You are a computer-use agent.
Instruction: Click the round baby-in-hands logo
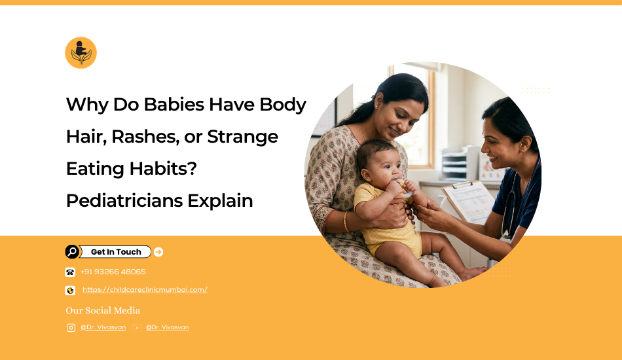point(81,53)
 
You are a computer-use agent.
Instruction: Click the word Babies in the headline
point(174,105)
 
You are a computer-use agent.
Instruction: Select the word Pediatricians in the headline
point(124,200)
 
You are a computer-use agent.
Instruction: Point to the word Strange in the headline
point(242,137)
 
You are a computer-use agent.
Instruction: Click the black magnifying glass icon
point(72,252)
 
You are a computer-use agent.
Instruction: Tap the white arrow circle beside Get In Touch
point(158,252)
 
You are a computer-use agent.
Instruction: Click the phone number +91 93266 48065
point(113,272)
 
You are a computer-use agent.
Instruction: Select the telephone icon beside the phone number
point(70,272)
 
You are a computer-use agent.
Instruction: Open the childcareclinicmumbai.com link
point(145,290)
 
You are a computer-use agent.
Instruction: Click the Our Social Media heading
point(103,310)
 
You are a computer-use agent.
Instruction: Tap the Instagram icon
point(71,327)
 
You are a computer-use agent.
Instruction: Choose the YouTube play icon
point(137,327)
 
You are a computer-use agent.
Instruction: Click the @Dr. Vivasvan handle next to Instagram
point(103,327)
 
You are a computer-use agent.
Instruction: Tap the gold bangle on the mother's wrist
point(346,222)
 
